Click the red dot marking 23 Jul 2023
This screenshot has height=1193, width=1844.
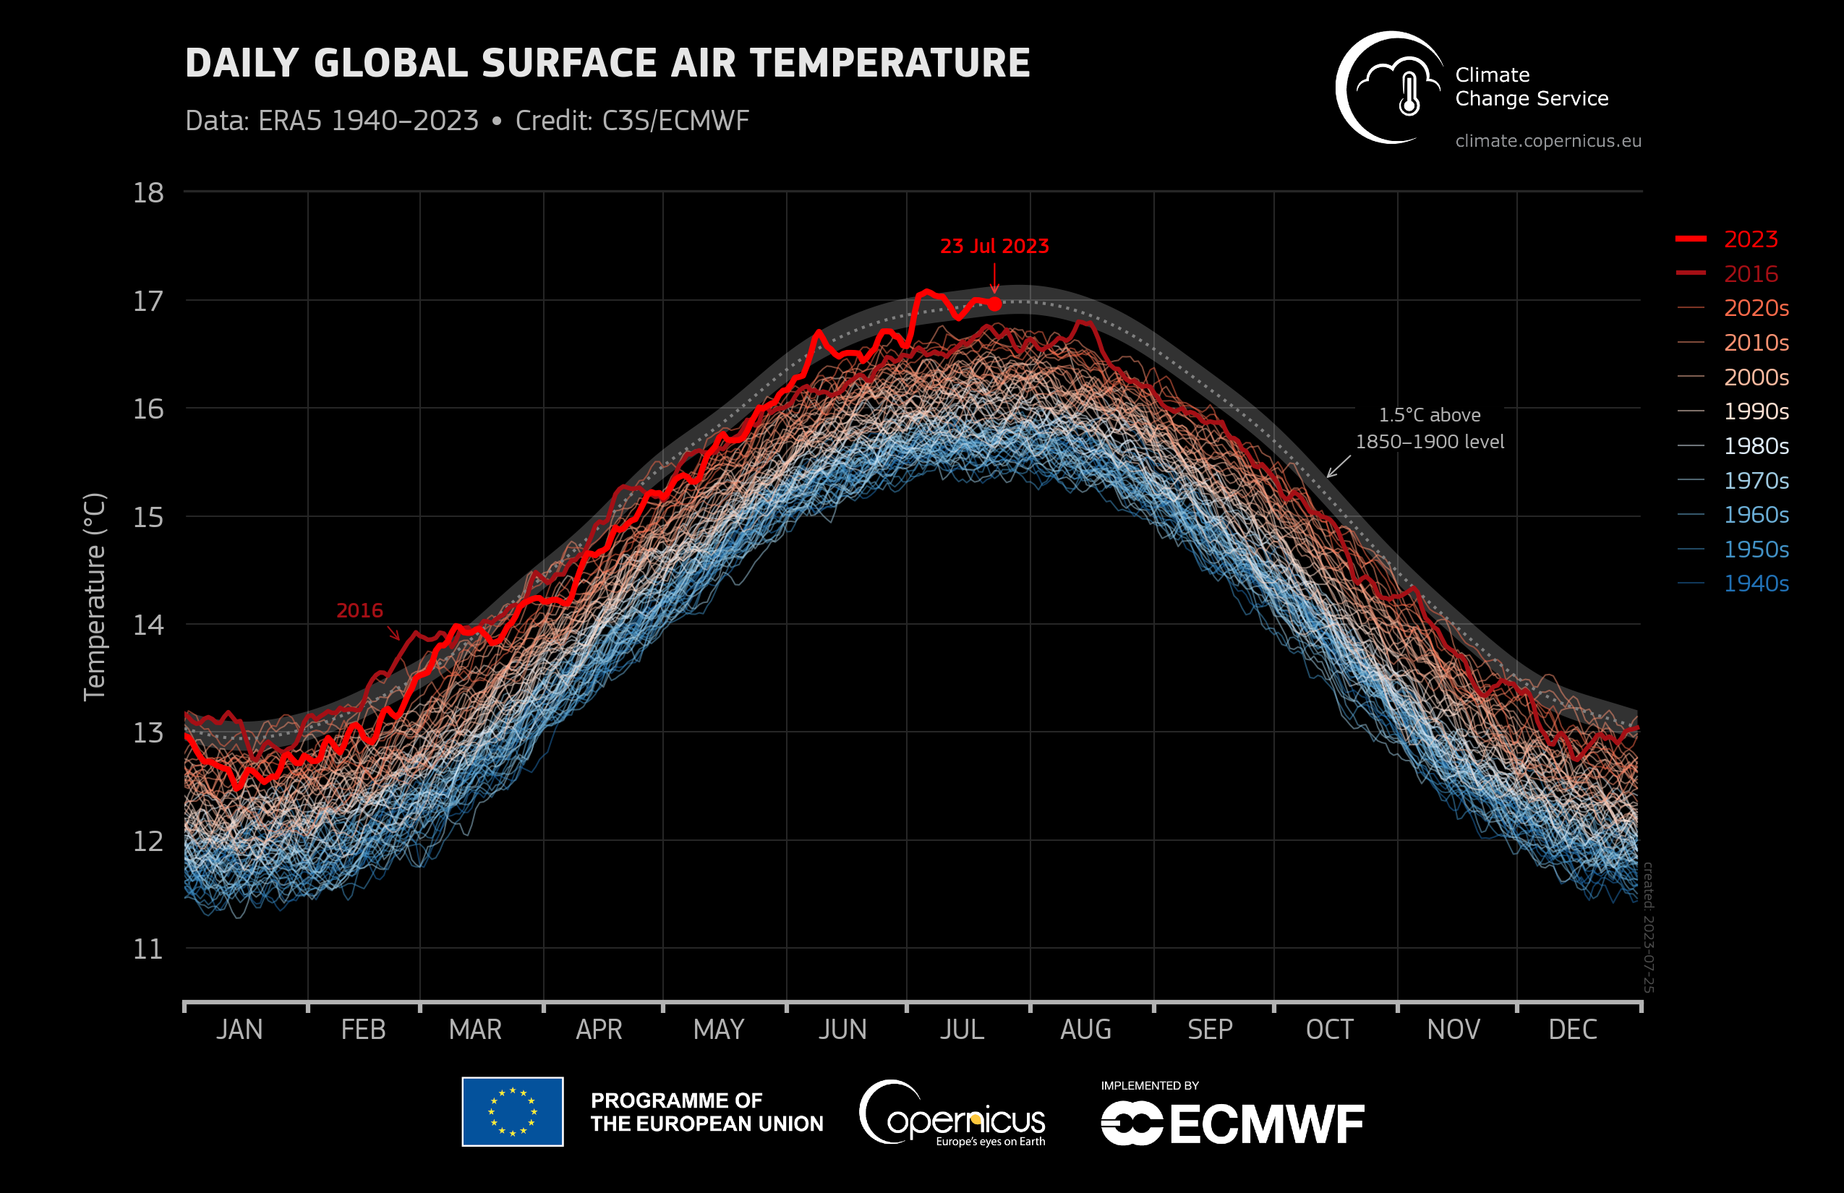[994, 304]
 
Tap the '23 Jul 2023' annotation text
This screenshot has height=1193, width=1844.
[994, 247]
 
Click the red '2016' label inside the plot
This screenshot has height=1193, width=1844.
[359, 610]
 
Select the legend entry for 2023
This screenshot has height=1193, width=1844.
[1750, 239]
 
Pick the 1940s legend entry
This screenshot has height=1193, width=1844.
[1756, 583]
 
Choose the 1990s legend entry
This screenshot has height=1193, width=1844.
[1756, 411]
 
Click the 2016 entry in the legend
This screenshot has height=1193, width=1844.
[1750, 273]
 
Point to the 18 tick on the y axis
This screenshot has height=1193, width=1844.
[148, 193]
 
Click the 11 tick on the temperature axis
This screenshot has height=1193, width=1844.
[148, 949]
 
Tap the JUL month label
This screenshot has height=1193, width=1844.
[962, 1030]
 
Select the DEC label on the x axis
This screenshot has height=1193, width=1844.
[1572, 1030]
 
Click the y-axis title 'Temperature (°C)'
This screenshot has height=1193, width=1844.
[95, 596]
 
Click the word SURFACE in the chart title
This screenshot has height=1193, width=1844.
[568, 64]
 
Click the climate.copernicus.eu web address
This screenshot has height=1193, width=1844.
[1548, 141]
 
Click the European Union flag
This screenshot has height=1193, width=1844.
[512, 1111]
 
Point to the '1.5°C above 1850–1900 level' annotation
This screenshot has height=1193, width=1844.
[1429, 428]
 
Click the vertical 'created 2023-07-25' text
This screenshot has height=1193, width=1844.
[1648, 926]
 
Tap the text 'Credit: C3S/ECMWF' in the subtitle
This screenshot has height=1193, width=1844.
[631, 121]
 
